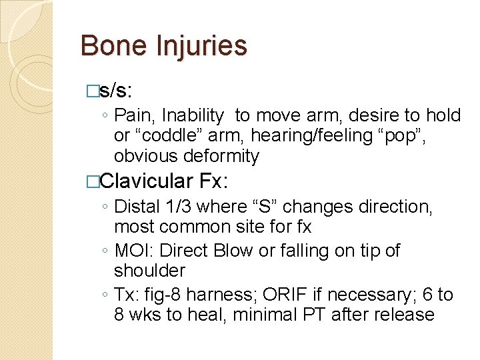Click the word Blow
point(235,251)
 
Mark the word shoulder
point(150,271)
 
